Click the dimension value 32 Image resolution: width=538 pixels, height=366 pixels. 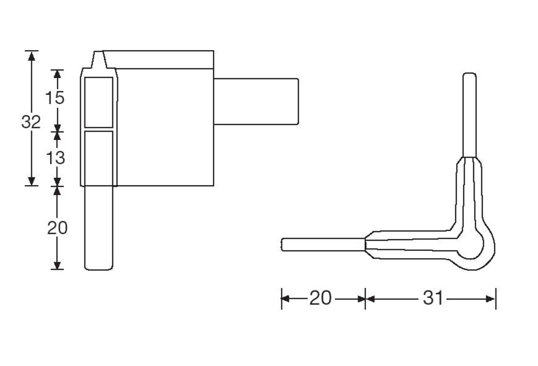[x=31, y=122]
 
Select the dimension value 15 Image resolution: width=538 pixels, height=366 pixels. [x=55, y=98]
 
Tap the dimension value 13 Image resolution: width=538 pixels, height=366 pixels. [x=55, y=158]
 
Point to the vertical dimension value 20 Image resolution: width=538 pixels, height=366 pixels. [x=58, y=228]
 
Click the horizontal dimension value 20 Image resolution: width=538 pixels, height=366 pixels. [x=321, y=298]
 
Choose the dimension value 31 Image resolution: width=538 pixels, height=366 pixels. [x=433, y=298]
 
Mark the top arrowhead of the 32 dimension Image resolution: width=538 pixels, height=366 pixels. [x=32, y=56]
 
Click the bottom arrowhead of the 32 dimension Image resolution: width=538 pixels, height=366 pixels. [x=32, y=181]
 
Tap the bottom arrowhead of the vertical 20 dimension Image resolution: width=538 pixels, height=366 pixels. [x=58, y=265]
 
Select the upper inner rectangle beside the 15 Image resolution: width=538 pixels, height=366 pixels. [x=99, y=102]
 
